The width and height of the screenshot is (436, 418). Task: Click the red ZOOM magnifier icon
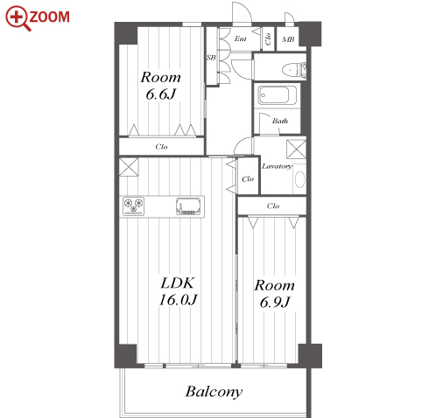(x=18, y=17)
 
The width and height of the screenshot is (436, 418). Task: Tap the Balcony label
(x=214, y=392)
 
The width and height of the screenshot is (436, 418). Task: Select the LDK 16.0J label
(x=178, y=291)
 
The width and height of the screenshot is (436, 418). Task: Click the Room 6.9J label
(x=274, y=294)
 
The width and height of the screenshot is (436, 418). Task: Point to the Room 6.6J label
(x=160, y=86)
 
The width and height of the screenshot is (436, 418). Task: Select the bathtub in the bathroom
(x=277, y=95)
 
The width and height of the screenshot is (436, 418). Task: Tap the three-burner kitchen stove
(x=134, y=206)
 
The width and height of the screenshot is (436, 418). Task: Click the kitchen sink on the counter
(x=189, y=206)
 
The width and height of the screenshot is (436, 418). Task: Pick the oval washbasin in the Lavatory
(x=299, y=179)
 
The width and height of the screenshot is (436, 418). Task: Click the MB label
(x=288, y=39)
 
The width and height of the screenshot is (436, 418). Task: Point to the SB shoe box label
(x=211, y=58)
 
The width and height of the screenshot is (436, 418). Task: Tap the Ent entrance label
(x=241, y=38)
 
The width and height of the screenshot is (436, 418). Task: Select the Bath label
(x=280, y=121)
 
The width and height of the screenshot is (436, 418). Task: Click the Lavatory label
(x=277, y=166)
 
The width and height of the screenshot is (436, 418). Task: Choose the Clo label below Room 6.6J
(x=161, y=147)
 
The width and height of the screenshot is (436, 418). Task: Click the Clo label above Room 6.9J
(x=273, y=206)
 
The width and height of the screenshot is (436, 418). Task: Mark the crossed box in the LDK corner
(x=129, y=167)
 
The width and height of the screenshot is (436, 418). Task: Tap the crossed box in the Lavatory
(x=296, y=150)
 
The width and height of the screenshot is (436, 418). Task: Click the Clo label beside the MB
(x=268, y=39)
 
